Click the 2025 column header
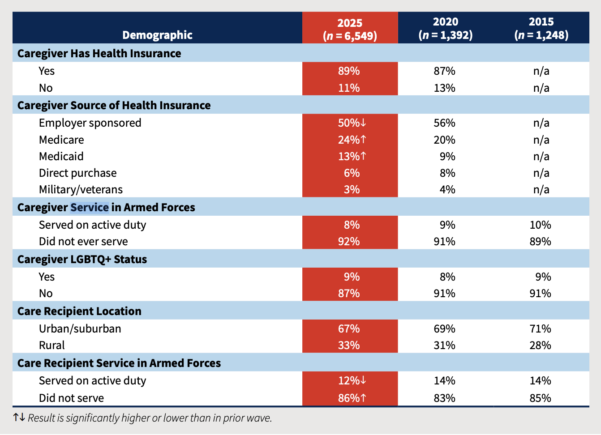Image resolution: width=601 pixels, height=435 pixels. (350, 29)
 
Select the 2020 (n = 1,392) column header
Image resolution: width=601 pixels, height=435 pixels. (445, 28)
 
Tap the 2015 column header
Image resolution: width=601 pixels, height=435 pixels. (541, 28)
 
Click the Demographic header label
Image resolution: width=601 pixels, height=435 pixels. (157, 35)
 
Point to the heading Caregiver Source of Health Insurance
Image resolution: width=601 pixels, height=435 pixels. (114, 105)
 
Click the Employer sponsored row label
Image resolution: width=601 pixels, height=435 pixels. (90, 123)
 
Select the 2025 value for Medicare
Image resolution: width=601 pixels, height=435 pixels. (349, 140)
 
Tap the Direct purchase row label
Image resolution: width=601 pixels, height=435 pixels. (77, 173)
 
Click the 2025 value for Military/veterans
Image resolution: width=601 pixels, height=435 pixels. (352, 189)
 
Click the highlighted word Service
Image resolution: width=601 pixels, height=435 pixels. (89, 207)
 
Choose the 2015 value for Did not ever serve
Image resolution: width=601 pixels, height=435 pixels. (540, 241)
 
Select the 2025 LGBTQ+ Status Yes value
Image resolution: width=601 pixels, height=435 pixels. (352, 277)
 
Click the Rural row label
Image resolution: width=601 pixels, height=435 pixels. (52, 345)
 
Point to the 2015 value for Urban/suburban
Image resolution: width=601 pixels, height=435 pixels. (540, 328)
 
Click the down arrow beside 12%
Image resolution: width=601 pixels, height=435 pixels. (363, 380)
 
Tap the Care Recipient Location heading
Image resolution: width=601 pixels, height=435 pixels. (79, 311)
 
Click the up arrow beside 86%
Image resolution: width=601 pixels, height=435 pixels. (363, 397)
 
